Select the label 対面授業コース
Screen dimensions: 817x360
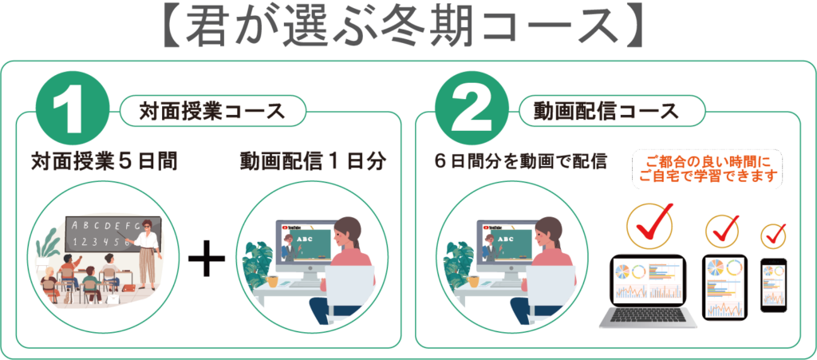pyautogui.click(x=211, y=111)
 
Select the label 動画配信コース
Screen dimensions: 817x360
pyautogui.click(x=606, y=111)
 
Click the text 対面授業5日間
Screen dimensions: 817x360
pyautogui.click(x=105, y=161)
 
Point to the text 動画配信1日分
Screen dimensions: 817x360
pyautogui.click(x=313, y=161)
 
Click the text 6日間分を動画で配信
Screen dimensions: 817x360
pyautogui.click(x=521, y=161)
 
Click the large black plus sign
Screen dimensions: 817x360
pyautogui.click(x=207, y=258)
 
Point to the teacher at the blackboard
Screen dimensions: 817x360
pyautogui.click(x=147, y=253)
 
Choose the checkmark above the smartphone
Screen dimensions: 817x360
pyautogui.click(x=774, y=236)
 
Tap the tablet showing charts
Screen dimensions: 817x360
pyautogui.click(x=724, y=287)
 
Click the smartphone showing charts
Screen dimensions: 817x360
pyautogui.click(x=774, y=286)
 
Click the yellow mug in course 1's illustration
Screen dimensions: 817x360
pyautogui.click(x=271, y=282)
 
